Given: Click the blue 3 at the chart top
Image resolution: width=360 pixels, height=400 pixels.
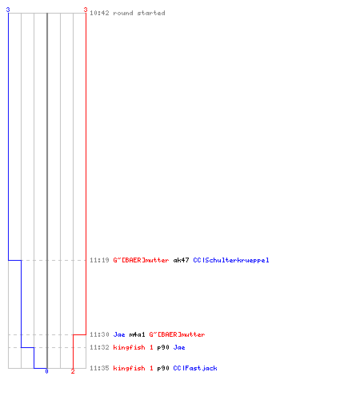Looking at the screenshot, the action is [x=8, y=10].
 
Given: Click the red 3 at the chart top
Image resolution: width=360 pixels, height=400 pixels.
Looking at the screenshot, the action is [x=86, y=10].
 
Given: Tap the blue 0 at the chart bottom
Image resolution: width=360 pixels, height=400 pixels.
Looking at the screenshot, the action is [x=46, y=371].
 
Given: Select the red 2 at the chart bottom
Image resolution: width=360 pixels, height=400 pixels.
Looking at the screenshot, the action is [x=73, y=371].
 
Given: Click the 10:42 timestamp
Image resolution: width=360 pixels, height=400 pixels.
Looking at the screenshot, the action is [x=99, y=13].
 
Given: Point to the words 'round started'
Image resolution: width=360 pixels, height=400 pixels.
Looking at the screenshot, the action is [x=139, y=13].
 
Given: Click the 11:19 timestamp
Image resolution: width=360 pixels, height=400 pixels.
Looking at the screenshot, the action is [x=99, y=260].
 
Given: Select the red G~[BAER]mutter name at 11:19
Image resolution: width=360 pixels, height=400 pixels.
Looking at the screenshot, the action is [x=141, y=260].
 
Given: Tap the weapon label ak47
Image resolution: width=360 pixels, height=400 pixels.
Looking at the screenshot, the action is [x=181, y=260].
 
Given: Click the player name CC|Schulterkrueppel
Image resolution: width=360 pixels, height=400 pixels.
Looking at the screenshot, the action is [x=231, y=260].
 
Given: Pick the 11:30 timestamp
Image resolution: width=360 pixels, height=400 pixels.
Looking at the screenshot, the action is [x=99, y=334].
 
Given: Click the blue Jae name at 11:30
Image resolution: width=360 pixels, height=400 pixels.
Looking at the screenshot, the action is [x=119, y=334].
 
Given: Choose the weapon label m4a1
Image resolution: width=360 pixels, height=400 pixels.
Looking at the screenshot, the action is [x=137, y=334].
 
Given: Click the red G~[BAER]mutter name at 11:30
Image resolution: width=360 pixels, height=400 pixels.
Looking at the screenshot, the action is [x=177, y=334].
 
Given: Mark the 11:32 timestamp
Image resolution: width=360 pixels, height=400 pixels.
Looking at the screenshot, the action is [x=99, y=347].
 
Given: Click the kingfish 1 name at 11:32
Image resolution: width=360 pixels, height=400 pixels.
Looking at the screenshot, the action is [x=134, y=347].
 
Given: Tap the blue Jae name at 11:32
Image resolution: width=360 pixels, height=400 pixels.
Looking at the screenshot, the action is [x=179, y=347].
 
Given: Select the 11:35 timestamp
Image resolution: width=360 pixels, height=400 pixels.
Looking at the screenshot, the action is [x=99, y=368].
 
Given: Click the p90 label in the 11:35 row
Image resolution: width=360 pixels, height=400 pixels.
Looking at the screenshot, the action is [x=163, y=369].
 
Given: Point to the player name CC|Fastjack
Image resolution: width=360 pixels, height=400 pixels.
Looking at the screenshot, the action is [x=195, y=368].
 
